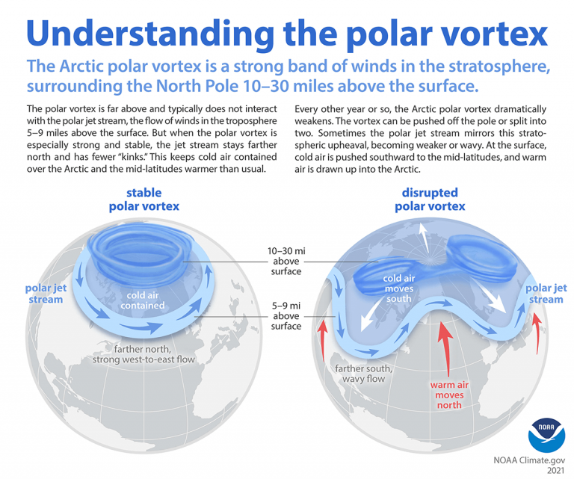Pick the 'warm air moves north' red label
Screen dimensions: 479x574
(x=446, y=395)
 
